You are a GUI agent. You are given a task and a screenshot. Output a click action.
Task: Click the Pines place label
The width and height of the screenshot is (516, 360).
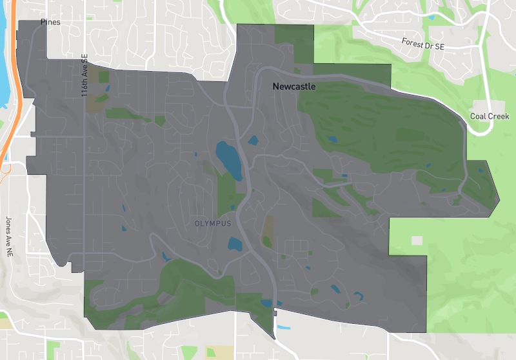[50, 22]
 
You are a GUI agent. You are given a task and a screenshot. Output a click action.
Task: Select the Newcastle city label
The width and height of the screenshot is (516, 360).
[293, 86]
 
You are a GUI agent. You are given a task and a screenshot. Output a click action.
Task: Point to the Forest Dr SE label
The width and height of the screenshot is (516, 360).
[422, 45]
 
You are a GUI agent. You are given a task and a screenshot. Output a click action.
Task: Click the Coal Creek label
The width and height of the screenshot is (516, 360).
[490, 117]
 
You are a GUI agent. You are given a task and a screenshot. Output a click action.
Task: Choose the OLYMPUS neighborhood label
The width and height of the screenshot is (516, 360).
[212, 223]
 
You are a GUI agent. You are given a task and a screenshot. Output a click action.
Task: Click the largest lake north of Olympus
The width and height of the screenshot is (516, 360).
[228, 159]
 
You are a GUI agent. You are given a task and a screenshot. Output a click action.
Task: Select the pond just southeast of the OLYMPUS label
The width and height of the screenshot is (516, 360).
[235, 244]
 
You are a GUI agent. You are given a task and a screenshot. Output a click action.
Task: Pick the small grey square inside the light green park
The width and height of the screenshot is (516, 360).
[417, 240]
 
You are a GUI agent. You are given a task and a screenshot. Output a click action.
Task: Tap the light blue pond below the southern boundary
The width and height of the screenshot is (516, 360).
[282, 327]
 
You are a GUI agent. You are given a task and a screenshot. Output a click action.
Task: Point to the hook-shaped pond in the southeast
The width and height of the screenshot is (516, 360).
[358, 296]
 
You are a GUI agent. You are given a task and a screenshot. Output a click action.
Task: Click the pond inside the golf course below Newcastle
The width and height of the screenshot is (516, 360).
[332, 138]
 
